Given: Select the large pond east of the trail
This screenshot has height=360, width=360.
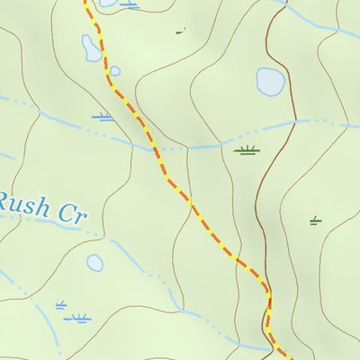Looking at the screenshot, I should point(270,82).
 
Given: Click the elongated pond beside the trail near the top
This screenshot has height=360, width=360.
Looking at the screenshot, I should point(92,49).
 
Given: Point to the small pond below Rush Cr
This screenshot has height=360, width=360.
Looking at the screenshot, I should point(94,263).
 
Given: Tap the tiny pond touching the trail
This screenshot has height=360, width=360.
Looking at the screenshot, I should point(114,71).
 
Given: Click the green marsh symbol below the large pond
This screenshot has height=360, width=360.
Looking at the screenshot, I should point(247,149).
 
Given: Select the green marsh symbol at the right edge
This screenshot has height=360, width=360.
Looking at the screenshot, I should point(315,220).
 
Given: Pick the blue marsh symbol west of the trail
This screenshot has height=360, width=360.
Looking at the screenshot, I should point(103,117).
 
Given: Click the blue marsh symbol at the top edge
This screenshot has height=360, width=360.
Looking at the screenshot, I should point(130,5).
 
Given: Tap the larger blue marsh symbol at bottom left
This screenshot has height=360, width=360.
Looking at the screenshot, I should point(78,318).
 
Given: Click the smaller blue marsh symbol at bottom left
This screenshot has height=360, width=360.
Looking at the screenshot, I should point(61,305).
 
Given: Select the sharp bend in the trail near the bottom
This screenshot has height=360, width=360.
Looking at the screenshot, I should point(267,292).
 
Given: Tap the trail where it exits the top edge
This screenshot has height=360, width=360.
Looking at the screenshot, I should point(86,3).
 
